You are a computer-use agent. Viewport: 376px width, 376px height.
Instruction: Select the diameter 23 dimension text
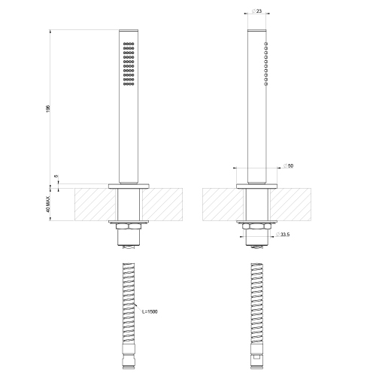pos(257,11)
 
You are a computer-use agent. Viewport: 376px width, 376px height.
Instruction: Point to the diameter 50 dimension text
pos(289,165)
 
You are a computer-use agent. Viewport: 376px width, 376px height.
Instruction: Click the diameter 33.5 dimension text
pos(283,236)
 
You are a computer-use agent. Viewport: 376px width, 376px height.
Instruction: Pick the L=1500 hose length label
pos(148,311)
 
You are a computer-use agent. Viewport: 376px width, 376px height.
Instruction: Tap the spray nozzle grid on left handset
pos(129,63)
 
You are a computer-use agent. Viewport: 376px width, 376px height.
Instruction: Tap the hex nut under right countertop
pos(257,226)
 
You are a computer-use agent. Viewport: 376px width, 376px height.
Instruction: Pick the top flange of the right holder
pos(257,184)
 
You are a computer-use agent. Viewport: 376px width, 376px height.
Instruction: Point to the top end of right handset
pos(257,32)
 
